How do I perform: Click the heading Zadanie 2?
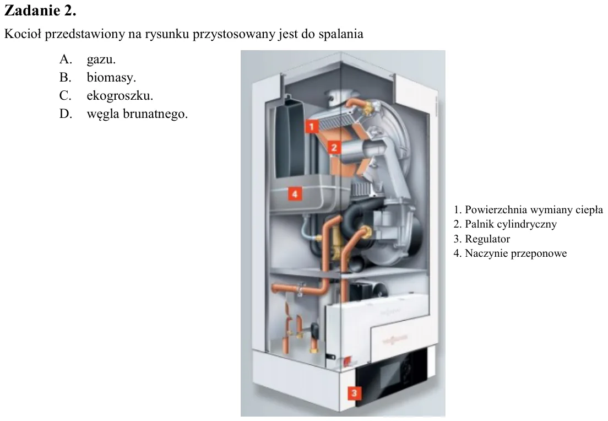click(40, 10)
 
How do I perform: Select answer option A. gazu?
click(87, 59)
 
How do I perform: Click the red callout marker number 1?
click(312, 126)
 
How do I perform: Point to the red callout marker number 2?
click(334, 147)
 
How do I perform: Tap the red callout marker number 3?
click(354, 393)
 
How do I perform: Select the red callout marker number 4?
click(295, 193)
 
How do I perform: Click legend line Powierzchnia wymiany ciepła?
click(528, 209)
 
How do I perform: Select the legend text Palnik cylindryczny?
click(505, 224)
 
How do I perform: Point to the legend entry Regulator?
click(481, 239)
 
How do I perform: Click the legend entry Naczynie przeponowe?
click(510, 253)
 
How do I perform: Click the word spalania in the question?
click(341, 34)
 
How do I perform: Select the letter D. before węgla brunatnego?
click(66, 114)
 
